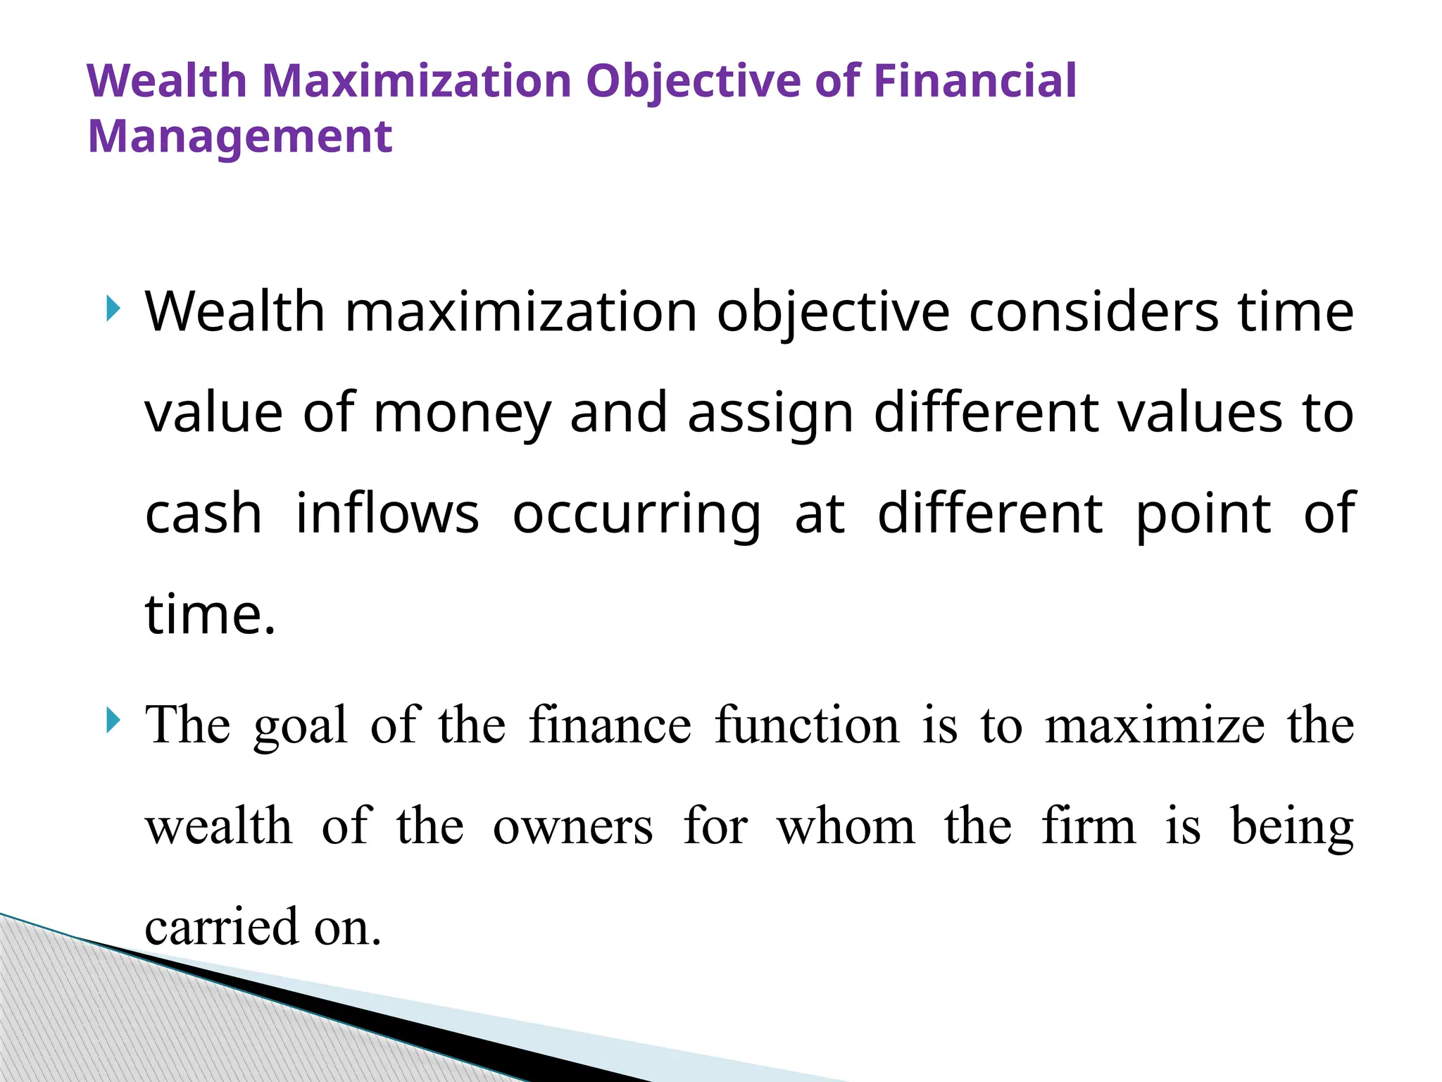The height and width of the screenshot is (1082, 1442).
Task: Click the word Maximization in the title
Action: click(x=416, y=80)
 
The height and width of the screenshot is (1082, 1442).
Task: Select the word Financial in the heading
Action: click(x=975, y=80)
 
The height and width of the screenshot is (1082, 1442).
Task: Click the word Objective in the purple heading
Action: click(x=693, y=82)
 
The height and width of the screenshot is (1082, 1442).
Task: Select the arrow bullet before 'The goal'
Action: click(x=113, y=721)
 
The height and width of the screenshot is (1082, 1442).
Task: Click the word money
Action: click(x=462, y=413)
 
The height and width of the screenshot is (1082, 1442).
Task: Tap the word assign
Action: click(x=771, y=413)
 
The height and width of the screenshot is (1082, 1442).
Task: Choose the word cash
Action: click(x=203, y=514)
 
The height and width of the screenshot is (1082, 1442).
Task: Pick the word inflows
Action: click(x=387, y=514)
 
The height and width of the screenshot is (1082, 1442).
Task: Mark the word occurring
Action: click(x=637, y=515)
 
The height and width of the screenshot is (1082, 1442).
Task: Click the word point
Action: click(x=1203, y=515)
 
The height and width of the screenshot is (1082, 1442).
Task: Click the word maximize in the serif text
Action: click(x=1155, y=726)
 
